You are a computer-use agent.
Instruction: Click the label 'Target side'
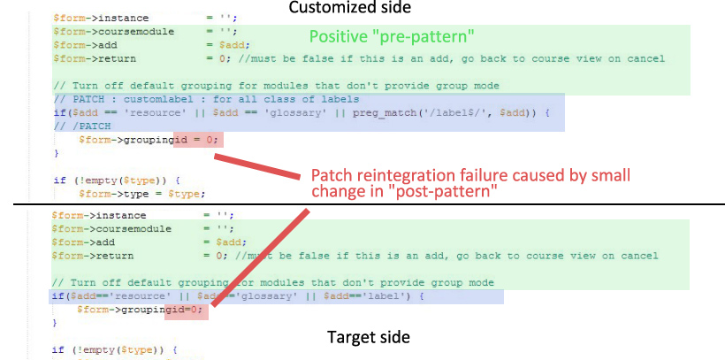point(369,336)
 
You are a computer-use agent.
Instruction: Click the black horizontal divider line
point(362,204)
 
